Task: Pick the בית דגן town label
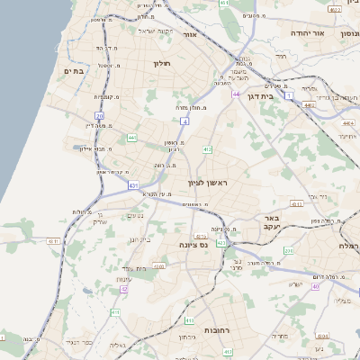click(x=260, y=94)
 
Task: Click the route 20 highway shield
click(x=98, y=115)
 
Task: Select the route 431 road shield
click(x=133, y=185)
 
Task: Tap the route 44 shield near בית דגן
click(x=236, y=94)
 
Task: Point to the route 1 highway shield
click(x=289, y=94)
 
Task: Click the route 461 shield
click(x=224, y=4)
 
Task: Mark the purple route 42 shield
click(x=123, y=289)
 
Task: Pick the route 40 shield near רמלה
click(x=316, y=286)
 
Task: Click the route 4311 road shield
click(x=53, y=241)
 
